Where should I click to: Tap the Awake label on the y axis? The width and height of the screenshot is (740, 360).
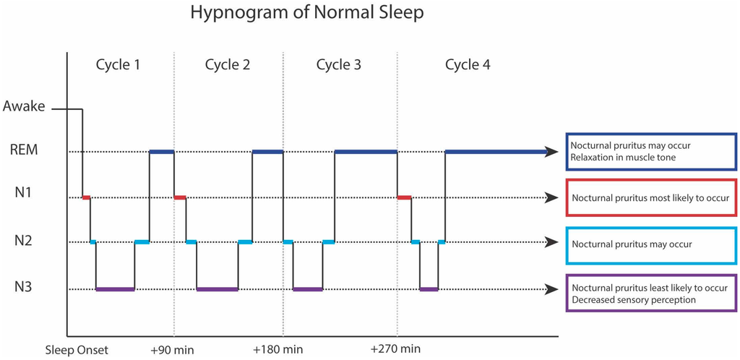click(24, 107)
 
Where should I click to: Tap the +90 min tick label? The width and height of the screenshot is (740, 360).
click(171, 350)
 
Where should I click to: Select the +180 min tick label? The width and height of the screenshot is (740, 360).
click(279, 350)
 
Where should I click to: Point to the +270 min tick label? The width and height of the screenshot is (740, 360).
click(395, 350)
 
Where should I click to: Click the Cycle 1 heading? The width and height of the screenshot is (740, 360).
click(118, 64)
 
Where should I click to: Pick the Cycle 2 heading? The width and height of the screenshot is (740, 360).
click(228, 64)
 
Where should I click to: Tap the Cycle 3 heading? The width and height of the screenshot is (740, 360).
click(339, 64)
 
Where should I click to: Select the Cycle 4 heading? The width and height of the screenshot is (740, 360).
click(468, 64)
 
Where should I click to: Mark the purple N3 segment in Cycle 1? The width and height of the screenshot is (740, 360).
click(115, 289)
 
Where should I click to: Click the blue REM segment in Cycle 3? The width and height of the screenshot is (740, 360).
click(366, 152)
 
